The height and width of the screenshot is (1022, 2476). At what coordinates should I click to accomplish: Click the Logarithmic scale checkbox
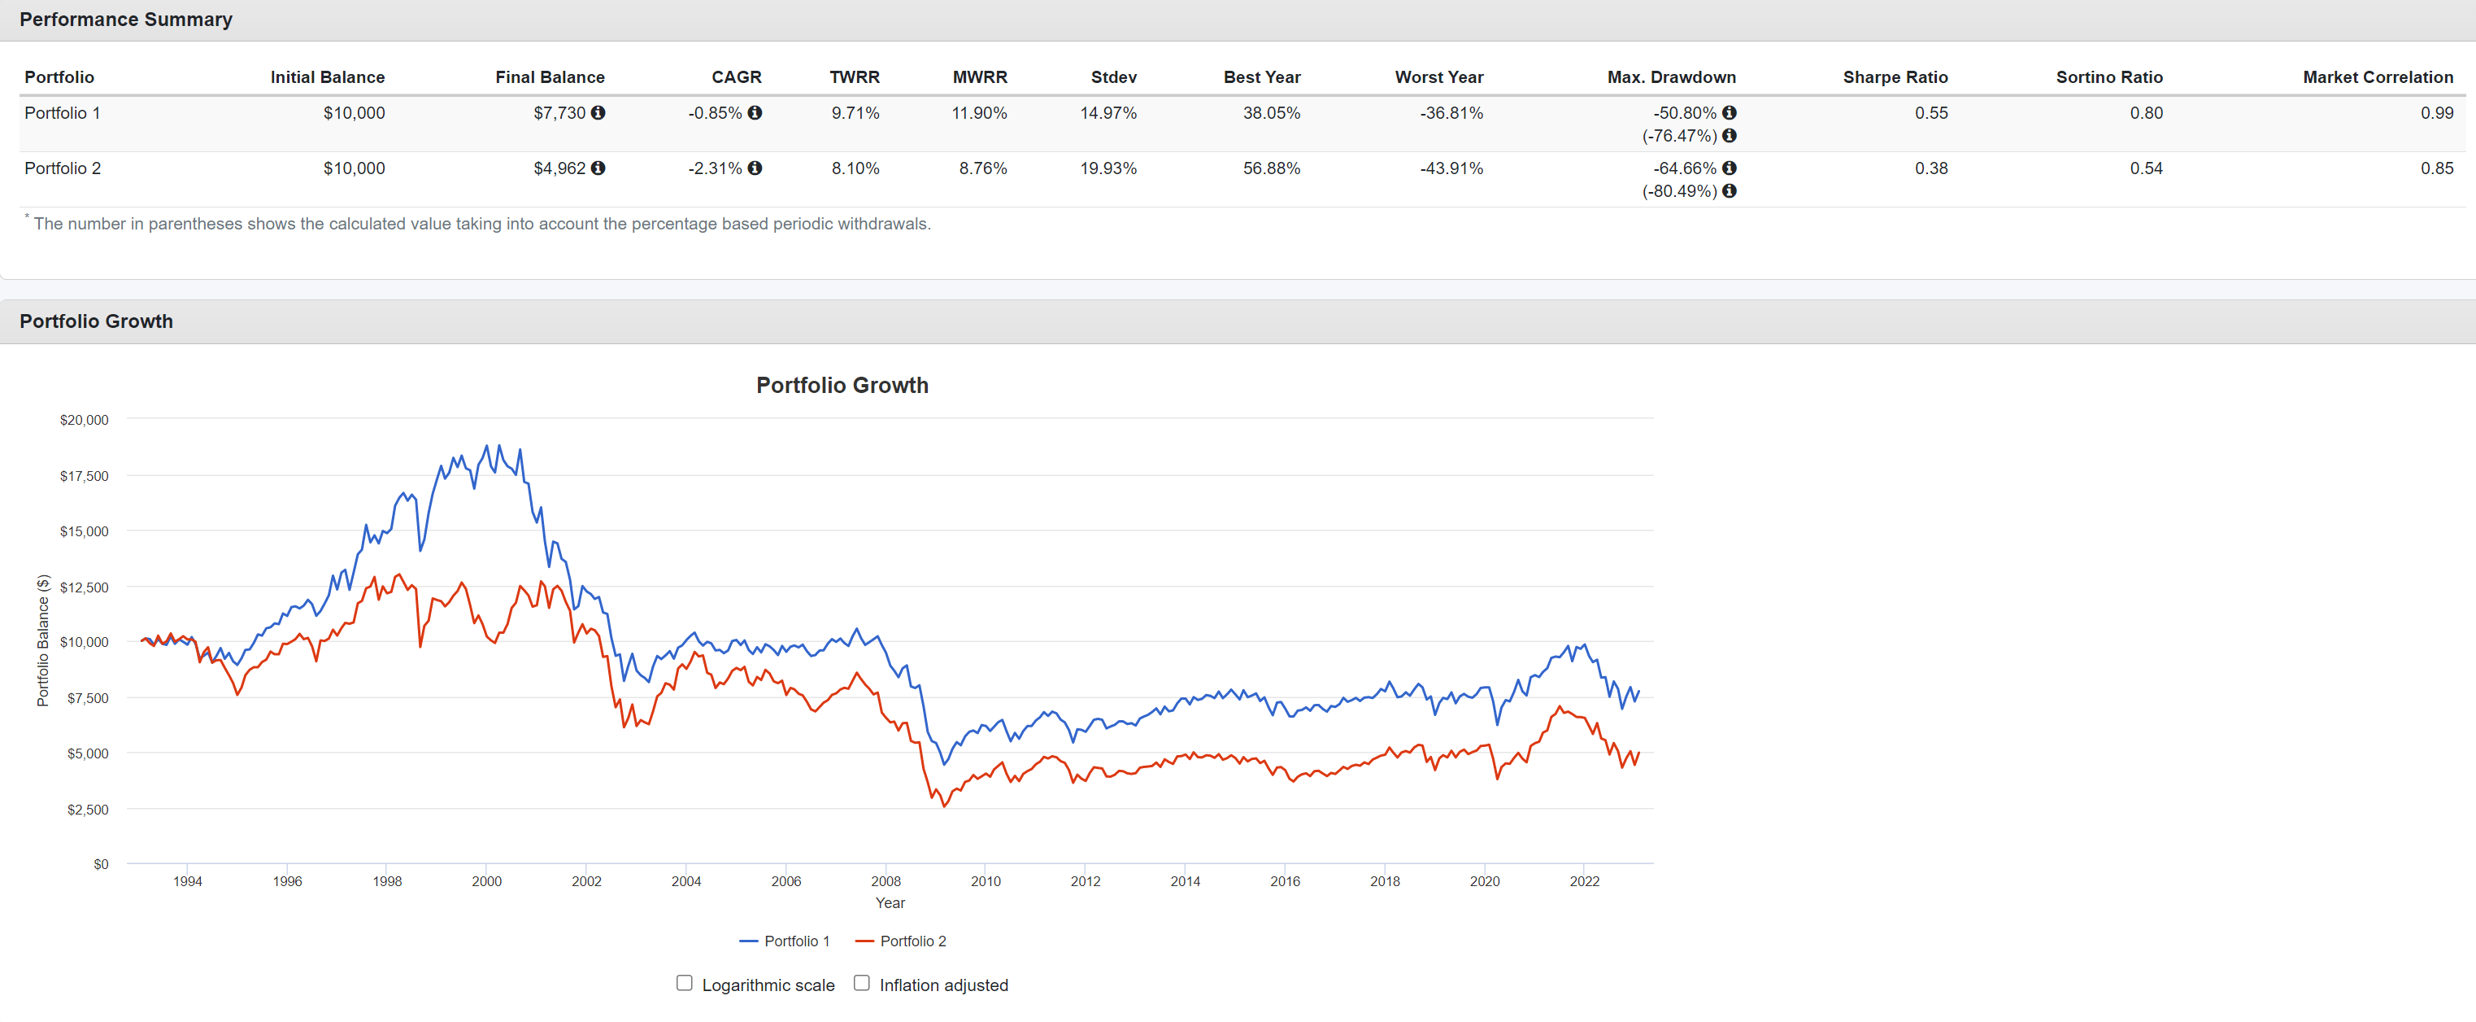685,983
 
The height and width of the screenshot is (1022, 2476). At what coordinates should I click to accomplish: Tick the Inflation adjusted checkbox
862,983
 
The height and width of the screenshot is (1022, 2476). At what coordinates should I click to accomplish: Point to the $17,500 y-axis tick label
85,476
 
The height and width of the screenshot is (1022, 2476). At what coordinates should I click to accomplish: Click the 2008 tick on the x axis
886,881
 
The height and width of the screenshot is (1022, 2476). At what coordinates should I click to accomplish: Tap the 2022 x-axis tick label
1584,881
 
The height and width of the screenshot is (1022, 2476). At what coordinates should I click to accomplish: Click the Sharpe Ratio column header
1895,77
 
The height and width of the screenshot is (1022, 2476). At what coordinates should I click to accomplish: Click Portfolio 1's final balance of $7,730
559,113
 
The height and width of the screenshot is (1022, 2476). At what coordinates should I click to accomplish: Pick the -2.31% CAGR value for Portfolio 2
714,168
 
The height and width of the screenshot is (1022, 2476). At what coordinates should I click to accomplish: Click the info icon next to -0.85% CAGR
755,112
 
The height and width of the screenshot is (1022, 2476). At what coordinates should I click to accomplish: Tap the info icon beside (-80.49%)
1730,190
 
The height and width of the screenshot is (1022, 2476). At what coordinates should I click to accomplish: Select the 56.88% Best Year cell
1271,168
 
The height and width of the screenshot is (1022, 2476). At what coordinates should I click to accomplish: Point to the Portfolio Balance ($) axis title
43,640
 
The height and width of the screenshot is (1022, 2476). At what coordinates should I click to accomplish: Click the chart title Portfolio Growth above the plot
842,386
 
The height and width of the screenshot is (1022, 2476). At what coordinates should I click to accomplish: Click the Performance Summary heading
126,20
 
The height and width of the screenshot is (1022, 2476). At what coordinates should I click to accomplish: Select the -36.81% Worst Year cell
1451,113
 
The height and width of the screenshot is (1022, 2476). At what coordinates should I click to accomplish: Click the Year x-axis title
890,902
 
